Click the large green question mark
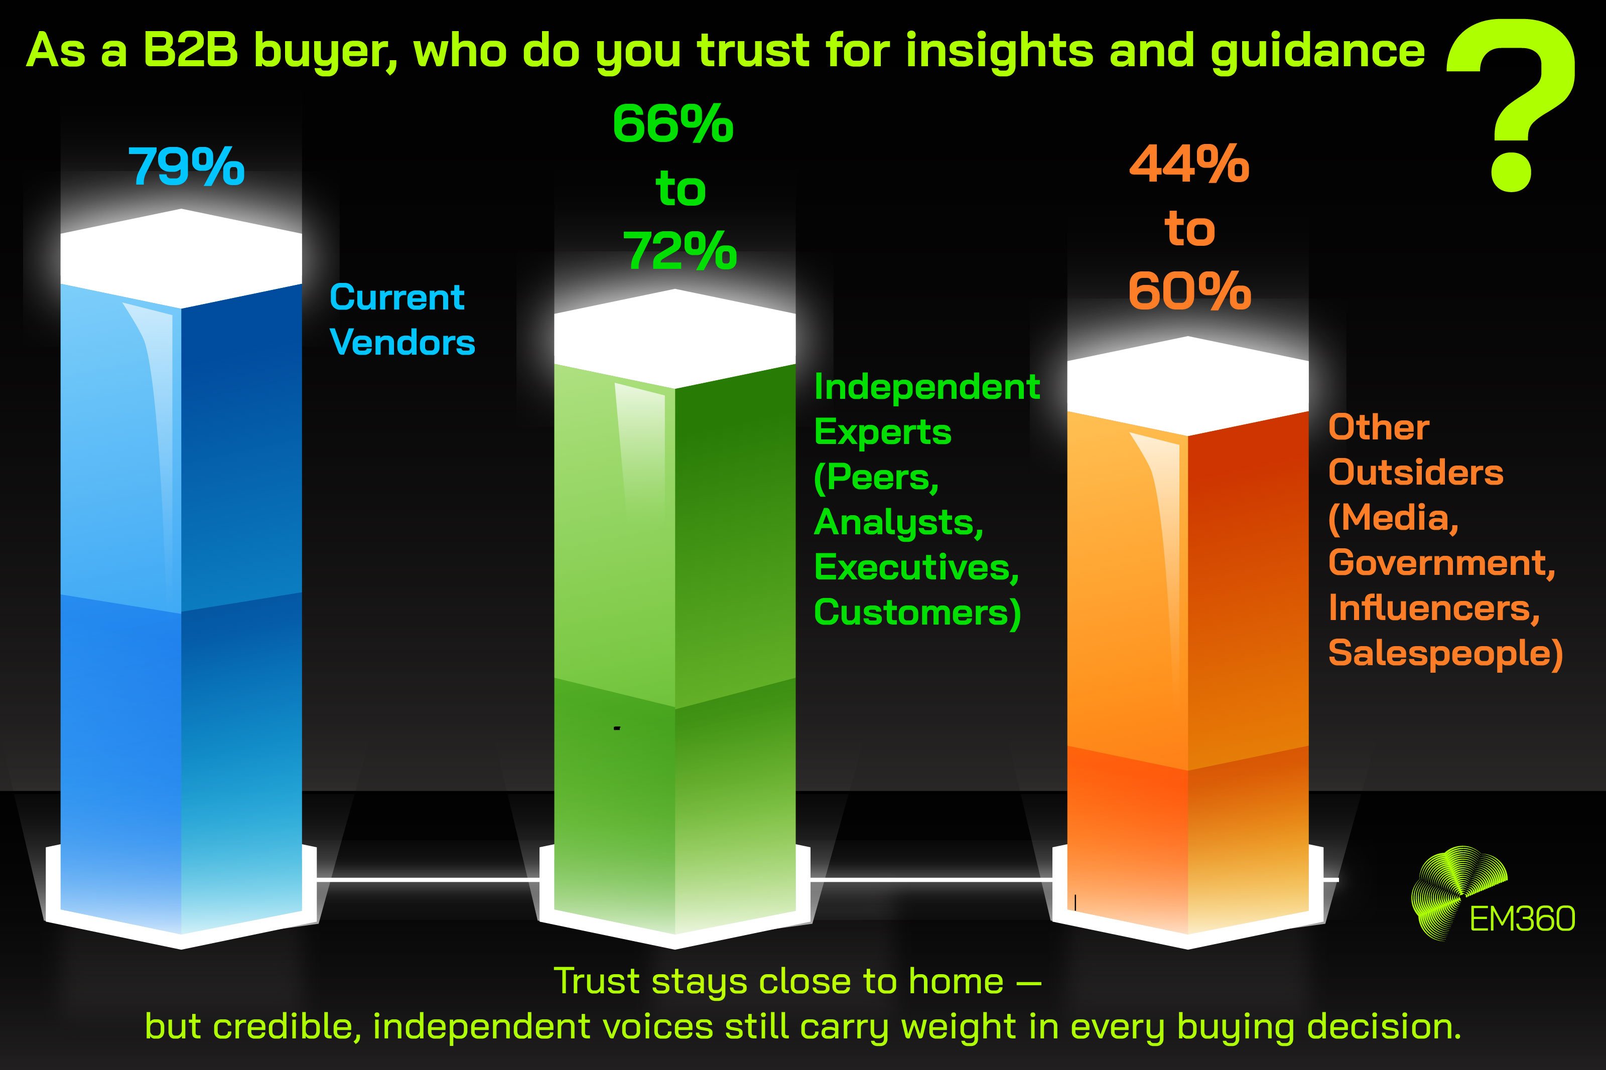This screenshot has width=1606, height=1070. tap(1511, 102)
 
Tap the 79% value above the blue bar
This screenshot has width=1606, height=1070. tap(186, 167)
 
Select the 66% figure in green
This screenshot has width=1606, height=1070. tap(673, 125)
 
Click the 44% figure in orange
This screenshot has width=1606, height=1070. tap(1189, 165)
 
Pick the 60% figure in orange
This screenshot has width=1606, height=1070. tap(1189, 292)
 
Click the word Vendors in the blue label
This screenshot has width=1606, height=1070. tap(402, 343)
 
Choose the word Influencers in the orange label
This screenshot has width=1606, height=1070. tap(1434, 608)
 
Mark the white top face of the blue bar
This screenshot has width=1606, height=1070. tap(181, 258)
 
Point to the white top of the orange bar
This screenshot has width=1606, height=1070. tap(1187, 386)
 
